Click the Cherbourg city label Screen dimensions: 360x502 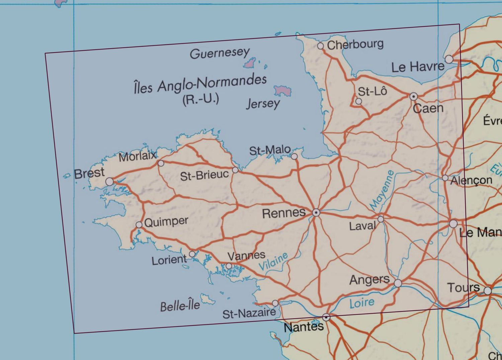(355, 45)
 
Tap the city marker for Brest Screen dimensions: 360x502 (109, 182)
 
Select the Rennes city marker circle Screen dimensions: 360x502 (316, 212)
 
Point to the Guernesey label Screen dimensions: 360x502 (220, 53)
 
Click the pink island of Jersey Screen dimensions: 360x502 (282, 90)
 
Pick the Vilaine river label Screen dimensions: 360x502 (273, 262)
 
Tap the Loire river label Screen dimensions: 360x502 (362, 303)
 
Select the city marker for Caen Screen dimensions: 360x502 (414, 97)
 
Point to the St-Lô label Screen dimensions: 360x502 (372, 91)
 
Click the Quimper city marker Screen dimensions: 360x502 (139, 225)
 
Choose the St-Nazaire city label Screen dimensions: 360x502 (249, 314)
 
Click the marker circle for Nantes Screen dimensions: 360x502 (326, 317)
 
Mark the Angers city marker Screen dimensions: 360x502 (398, 283)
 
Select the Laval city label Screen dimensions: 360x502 (362, 226)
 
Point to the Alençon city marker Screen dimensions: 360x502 (445, 178)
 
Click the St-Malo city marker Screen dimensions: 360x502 (294, 156)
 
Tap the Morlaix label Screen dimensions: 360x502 (137, 156)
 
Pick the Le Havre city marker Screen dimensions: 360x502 (449, 59)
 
